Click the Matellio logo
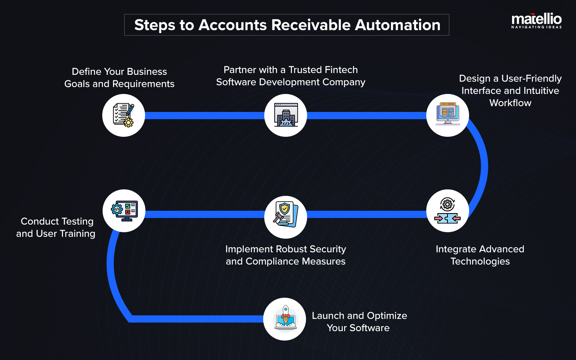click(536, 21)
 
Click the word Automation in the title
click(397, 25)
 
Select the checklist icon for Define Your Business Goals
click(123, 115)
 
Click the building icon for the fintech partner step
click(285, 115)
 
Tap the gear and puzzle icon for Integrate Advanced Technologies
click(447, 211)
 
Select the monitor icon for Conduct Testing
click(124, 211)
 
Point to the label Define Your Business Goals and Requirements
click(119, 78)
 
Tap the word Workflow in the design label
click(510, 103)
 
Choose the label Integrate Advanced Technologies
click(480, 255)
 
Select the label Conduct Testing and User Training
click(56, 228)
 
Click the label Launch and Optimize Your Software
click(359, 322)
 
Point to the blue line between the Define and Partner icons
click(204, 115)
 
